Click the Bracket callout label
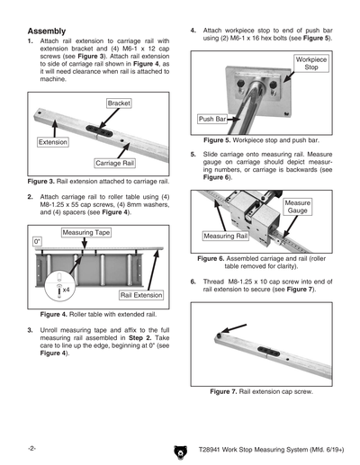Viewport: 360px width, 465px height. click(x=119, y=104)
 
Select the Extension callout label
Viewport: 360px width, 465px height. click(x=53, y=143)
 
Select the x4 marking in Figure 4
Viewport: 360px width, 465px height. click(x=66, y=291)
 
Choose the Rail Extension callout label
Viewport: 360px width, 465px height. click(x=140, y=295)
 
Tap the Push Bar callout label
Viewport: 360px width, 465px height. click(x=212, y=119)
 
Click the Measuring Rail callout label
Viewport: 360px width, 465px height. click(x=225, y=236)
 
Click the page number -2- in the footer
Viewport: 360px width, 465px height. click(x=31, y=447)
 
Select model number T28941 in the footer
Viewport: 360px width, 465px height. click(x=229, y=447)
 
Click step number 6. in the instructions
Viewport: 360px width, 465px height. click(x=193, y=282)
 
